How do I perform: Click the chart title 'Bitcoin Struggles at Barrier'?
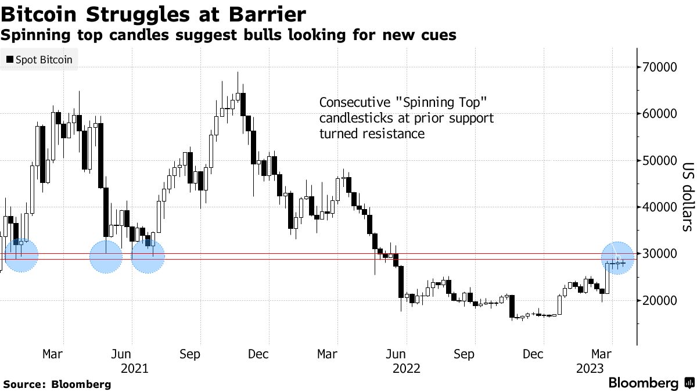(153, 13)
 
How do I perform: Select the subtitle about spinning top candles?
(228, 35)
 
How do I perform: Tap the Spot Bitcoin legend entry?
(39, 59)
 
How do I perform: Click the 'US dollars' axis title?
(687, 196)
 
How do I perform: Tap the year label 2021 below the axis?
(134, 368)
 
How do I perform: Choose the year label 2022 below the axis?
(406, 368)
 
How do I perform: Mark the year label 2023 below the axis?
(589, 368)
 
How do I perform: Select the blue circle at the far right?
(617, 258)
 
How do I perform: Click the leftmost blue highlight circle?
(21, 255)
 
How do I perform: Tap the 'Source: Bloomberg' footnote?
(57, 384)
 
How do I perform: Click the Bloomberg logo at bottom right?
(651, 383)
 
